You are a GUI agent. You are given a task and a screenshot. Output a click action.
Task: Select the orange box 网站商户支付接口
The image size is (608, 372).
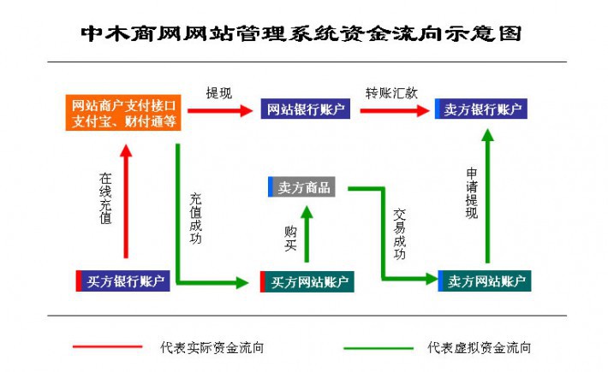tap(125, 114)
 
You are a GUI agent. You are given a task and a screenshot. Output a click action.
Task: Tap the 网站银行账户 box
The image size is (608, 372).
tap(304, 109)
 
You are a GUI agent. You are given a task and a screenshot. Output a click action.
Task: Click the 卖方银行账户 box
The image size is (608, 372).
tap(480, 109)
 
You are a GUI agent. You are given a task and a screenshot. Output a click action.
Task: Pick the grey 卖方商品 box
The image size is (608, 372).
tap(304, 187)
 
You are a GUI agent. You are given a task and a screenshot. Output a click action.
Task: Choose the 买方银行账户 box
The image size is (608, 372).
tap(123, 281)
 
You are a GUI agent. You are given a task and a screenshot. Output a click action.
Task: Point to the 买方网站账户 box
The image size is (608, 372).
tap(307, 281)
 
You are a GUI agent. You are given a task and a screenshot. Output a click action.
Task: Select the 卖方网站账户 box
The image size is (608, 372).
tap(485, 281)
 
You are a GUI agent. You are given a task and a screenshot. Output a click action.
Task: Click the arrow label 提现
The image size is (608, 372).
tap(218, 92)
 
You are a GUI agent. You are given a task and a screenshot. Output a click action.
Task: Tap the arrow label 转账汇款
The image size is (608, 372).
tap(391, 92)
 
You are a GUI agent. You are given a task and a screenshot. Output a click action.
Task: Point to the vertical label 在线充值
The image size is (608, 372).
tap(105, 199)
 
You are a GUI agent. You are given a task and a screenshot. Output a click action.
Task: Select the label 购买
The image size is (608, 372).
tap(290, 239)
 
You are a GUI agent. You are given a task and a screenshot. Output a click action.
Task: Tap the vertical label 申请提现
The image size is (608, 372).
tap(471, 195)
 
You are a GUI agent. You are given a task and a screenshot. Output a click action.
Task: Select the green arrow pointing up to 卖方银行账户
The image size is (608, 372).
tap(488, 197)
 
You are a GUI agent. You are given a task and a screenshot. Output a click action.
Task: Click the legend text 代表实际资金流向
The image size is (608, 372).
tap(212, 348)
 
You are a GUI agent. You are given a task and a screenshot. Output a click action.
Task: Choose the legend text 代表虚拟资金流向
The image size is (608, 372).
tap(480, 348)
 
